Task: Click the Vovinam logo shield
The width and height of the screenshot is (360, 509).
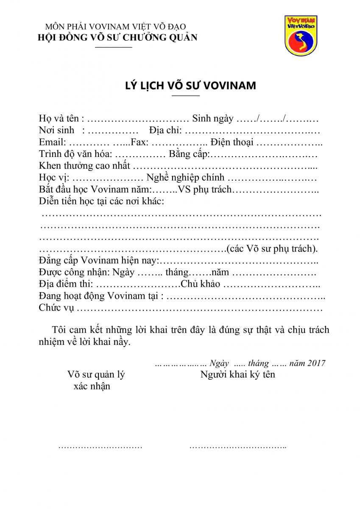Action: pos(301,36)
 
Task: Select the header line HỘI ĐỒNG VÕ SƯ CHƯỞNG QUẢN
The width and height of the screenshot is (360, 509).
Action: pos(117,37)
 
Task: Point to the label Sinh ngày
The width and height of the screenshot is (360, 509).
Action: pos(212,118)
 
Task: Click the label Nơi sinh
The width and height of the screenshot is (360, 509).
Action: pos(56,130)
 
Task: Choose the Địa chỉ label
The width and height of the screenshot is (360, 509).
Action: pos(165,130)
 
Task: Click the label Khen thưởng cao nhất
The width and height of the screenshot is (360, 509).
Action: pos(84,166)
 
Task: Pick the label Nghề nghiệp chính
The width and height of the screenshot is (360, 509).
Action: pos(185,178)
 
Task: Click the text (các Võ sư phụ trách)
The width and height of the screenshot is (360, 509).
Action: pos(272,249)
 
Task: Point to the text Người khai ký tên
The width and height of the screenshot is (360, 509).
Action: pos(238,375)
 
